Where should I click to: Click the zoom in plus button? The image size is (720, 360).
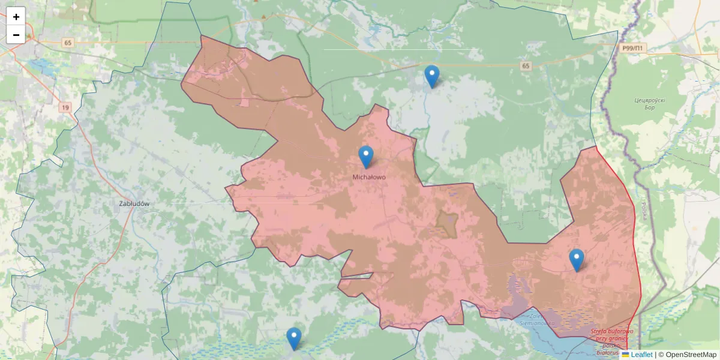click(x=16, y=17)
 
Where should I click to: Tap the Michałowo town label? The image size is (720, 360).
click(x=369, y=178)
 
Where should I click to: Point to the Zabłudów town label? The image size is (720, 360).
click(x=134, y=203)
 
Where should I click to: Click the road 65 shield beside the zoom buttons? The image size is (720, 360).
click(x=67, y=43)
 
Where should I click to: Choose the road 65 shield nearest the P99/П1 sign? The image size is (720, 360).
click(x=526, y=65)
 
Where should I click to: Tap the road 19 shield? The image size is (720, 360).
click(x=64, y=107)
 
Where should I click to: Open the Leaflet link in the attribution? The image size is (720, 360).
click(x=641, y=355)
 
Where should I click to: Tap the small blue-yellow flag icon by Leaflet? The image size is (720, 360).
click(x=625, y=355)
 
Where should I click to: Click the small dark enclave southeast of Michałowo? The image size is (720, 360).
click(x=446, y=222)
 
